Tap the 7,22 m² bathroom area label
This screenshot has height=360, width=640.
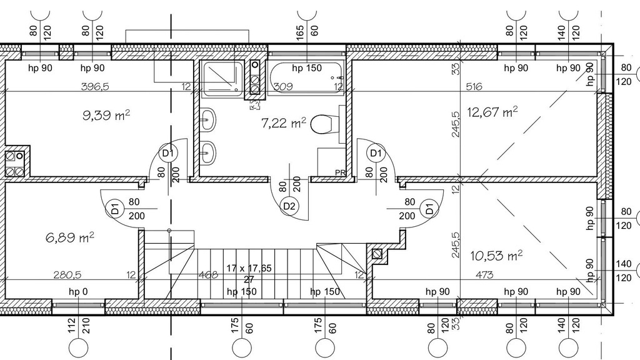(283, 122)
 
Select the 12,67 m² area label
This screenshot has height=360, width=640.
(492, 111)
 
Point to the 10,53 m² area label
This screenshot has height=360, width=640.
(496, 256)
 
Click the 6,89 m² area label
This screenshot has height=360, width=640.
(70, 237)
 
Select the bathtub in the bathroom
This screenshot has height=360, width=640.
(306, 78)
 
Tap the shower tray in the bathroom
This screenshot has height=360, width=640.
(223, 79)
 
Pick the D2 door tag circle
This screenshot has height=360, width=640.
(289, 206)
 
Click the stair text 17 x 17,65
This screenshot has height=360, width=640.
(249, 268)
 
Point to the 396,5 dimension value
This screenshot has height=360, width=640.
(95, 86)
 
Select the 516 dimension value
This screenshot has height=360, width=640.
(474, 86)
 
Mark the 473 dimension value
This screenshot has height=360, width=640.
(484, 275)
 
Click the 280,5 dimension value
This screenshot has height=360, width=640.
(67, 275)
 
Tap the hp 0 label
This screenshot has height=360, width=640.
(78, 291)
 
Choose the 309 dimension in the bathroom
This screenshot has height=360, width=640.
(283, 86)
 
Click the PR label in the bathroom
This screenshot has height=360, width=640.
(340, 172)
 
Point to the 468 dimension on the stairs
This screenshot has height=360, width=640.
(208, 275)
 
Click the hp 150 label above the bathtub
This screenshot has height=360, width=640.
(307, 67)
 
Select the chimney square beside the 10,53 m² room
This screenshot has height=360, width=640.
(377, 254)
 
